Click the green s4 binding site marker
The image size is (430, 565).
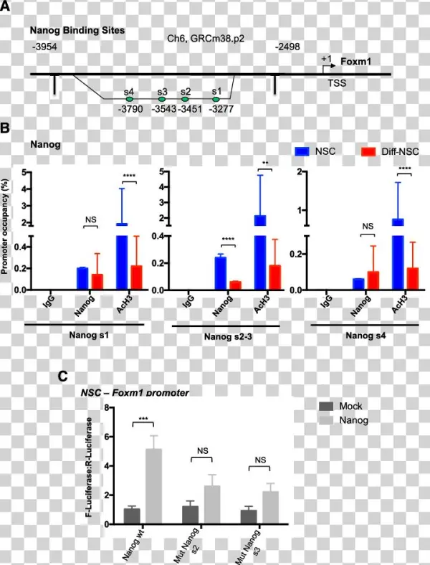(x=129, y=99)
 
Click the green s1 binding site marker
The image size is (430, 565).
(x=216, y=99)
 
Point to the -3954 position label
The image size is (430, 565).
(x=44, y=47)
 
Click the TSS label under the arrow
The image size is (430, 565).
(x=337, y=83)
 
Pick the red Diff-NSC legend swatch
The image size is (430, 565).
(x=369, y=151)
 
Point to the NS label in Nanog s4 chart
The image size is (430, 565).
(x=368, y=226)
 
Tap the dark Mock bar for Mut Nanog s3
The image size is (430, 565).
(x=249, y=516)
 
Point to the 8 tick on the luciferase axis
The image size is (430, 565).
(x=105, y=407)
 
